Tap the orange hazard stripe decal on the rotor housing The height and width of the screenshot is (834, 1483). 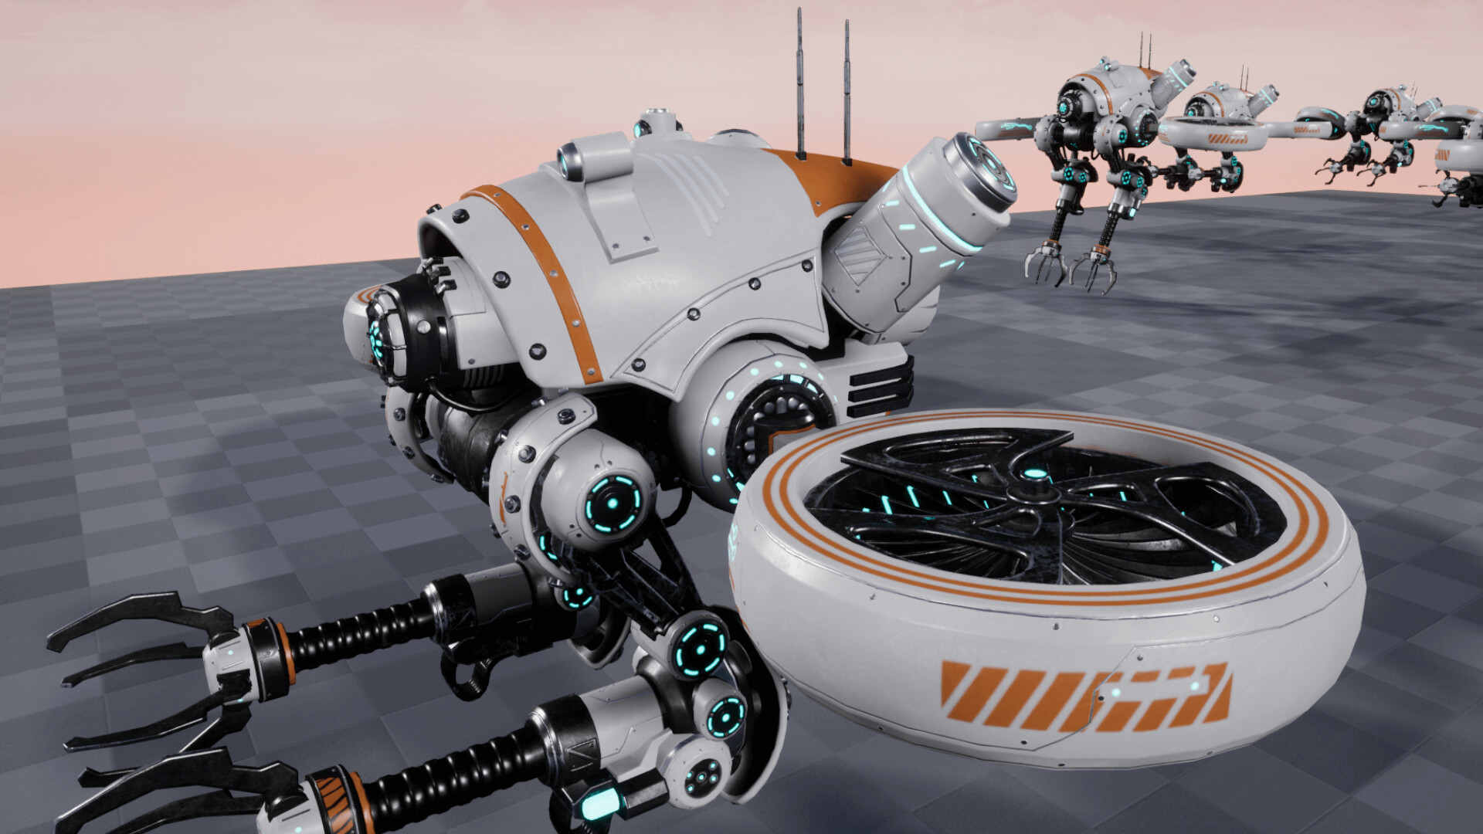click(1081, 695)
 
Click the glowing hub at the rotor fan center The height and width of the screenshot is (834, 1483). click(1035, 475)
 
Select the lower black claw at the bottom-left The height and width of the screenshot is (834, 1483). click(154, 780)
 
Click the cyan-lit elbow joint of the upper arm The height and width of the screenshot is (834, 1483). click(700, 647)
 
